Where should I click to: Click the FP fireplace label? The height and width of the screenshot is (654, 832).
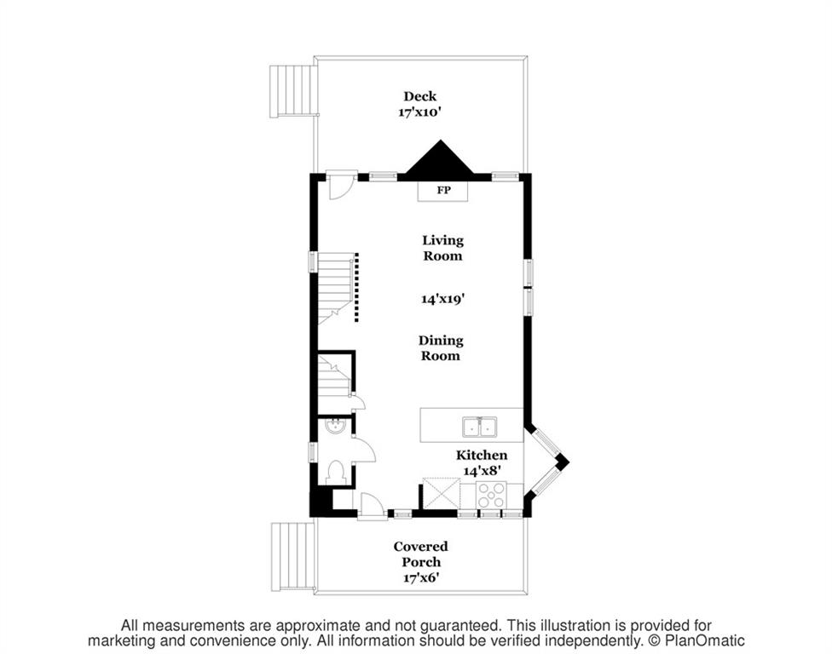443,190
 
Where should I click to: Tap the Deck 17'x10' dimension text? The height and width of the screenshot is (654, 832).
419,112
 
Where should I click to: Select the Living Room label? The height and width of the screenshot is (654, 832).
442,248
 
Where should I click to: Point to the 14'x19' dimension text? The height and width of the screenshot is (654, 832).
443,299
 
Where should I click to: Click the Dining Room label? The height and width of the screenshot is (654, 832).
441,347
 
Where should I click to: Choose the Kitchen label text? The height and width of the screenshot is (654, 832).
482,455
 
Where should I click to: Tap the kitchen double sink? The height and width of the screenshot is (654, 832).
479,427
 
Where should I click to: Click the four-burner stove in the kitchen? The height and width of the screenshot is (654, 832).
491,496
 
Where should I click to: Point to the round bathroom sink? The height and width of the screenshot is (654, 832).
335,426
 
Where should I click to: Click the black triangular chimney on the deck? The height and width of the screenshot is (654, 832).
441,158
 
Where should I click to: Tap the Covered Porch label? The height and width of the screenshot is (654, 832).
421,554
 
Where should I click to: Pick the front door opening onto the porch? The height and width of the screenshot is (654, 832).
372,505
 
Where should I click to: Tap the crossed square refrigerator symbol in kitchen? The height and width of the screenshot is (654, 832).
441,494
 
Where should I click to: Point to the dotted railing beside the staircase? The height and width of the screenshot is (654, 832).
356,287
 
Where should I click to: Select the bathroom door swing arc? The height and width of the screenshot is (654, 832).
363,450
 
